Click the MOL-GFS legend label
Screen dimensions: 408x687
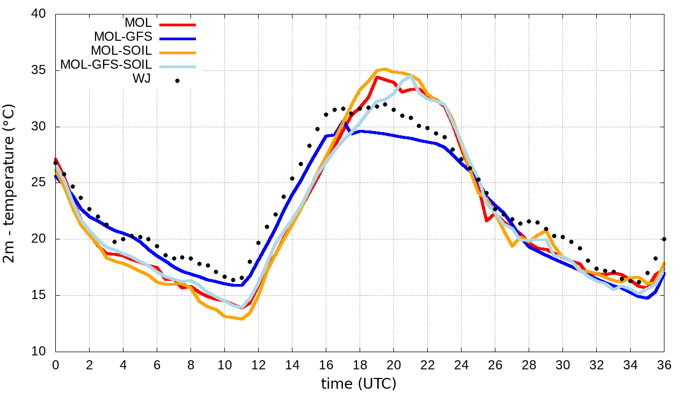click(x=123, y=37)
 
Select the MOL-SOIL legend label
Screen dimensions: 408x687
click(x=121, y=51)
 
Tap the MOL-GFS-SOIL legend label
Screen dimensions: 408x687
click(x=106, y=64)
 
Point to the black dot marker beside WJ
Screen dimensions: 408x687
click(x=177, y=81)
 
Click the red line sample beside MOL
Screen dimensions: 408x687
click(x=178, y=24)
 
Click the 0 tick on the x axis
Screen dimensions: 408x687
click(x=55, y=365)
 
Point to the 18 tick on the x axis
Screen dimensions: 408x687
click(x=360, y=365)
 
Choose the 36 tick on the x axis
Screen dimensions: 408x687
click(x=664, y=365)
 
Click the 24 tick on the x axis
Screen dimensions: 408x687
click(x=461, y=365)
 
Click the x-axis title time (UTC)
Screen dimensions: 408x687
click(x=359, y=384)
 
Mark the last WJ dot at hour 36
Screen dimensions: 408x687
click(x=664, y=239)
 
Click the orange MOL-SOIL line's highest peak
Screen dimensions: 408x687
click(x=385, y=69)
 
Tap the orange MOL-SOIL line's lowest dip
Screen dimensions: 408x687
click(x=242, y=319)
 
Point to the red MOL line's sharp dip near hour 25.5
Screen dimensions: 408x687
click(x=486, y=221)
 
